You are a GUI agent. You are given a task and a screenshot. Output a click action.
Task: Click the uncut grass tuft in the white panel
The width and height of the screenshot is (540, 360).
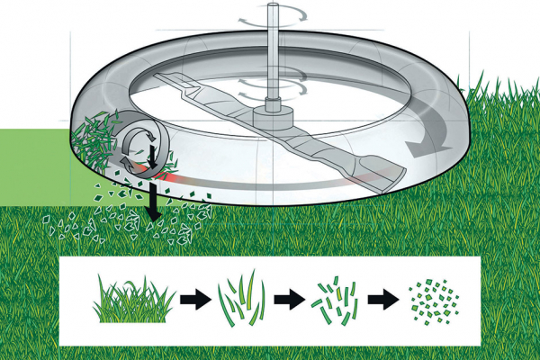pyautogui.click(x=131, y=301)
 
